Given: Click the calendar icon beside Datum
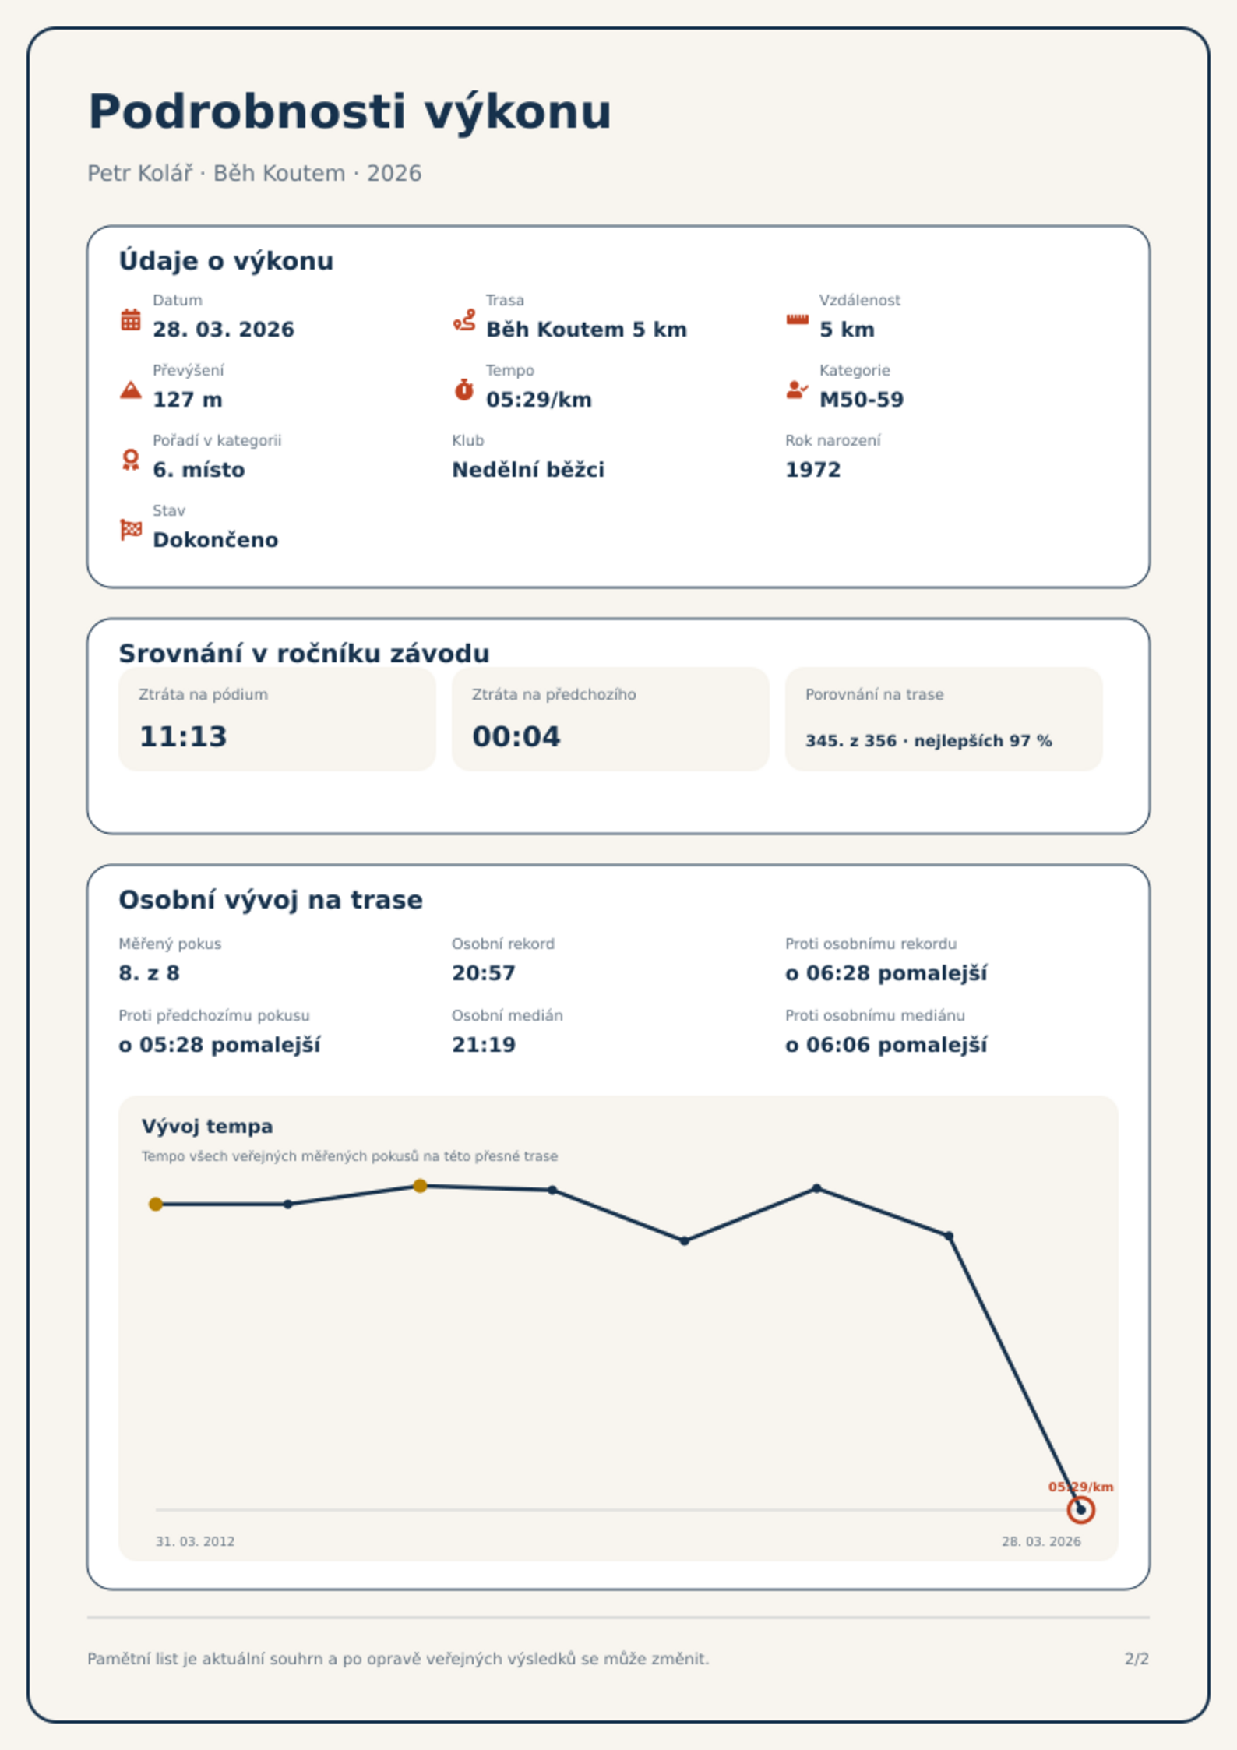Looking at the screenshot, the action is click(x=131, y=319).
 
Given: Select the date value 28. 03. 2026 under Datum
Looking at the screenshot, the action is click(x=224, y=330).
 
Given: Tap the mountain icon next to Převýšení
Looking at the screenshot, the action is click(x=131, y=390).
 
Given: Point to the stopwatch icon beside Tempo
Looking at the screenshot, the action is click(x=464, y=389).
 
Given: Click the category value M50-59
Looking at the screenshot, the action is click(x=862, y=400).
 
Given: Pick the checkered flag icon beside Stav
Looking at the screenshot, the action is click(x=131, y=530).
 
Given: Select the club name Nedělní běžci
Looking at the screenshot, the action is click(x=528, y=470).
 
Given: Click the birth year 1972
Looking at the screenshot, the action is click(x=813, y=470).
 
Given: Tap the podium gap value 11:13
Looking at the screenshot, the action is click(x=183, y=736).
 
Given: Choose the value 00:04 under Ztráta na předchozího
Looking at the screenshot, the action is click(x=516, y=736).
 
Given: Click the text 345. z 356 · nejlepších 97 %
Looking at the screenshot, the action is click(x=929, y=741).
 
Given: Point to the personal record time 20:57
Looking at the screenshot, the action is click(x=484, y=973).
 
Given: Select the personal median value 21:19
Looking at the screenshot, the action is click(x=484, y=1045).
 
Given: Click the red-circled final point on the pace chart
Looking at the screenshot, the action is click(x=1080, y=1510).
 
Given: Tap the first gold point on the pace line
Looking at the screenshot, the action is click(x=156, y=1205).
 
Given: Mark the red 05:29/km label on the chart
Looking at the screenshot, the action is click(x=1080, y=1487).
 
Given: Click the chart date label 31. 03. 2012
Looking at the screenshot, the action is click(x=195, y=1541).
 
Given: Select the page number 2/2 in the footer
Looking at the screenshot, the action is click(x=1137, y=1659).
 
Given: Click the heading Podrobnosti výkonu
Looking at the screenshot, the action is click(x=350, y=111).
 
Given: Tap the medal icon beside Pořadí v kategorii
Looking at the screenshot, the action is click(x=131, y=460).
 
